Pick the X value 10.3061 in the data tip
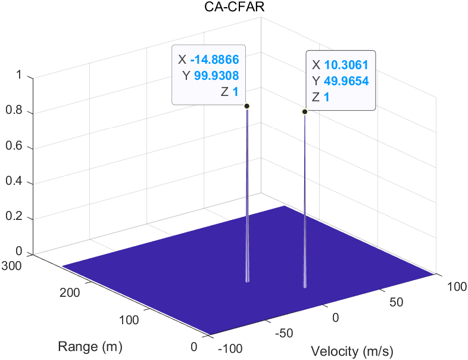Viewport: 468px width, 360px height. pos(345,65)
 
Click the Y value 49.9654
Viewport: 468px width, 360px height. pos(347,81)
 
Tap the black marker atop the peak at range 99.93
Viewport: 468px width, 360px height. pos(247,106)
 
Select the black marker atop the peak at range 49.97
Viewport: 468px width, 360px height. pos(305,111)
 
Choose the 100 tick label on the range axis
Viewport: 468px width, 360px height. pos(129,320)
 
